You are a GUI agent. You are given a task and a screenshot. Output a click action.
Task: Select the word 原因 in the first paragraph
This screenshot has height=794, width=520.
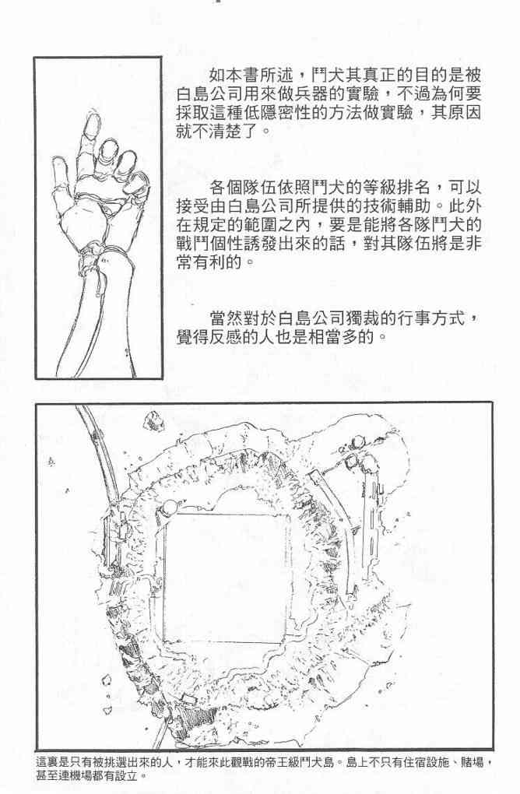[464, 113]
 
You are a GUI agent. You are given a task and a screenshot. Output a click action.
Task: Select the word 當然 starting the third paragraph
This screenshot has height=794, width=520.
[227, 318]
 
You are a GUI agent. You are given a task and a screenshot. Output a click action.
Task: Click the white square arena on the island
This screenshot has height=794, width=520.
[227, 578]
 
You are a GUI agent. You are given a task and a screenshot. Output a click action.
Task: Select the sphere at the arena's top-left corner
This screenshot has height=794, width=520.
[169, 507]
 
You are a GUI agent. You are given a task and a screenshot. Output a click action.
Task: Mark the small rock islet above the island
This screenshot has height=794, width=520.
[152, 420]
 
